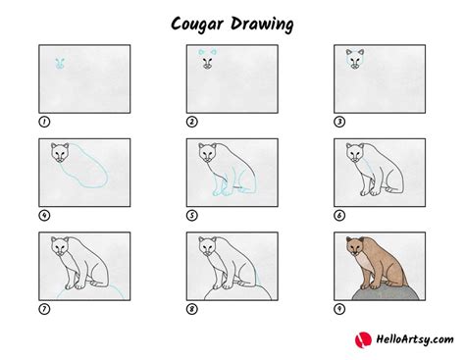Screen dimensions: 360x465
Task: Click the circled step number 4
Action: pos(43,215)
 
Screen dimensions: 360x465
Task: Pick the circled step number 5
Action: pos(191,215)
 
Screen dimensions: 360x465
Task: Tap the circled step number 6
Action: pos(339,215)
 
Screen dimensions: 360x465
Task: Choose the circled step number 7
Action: pos(43,309)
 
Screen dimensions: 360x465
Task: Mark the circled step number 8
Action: pos(191,309)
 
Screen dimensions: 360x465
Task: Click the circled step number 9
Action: pos(339,309)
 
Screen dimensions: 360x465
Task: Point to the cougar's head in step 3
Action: pos(354,63)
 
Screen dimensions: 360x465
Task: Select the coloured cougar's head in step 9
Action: pos(354,248)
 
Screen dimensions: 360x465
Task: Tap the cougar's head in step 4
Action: pos(58,154)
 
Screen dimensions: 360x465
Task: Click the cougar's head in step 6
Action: pos(354,154)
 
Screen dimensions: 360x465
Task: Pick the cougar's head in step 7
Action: pos(58,248)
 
